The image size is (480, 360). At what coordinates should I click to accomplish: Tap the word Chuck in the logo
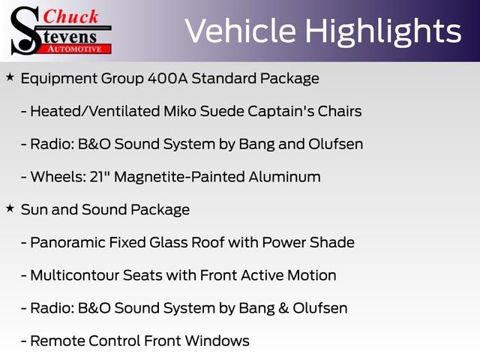[72, 16]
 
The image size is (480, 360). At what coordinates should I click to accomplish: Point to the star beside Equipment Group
[10, 77]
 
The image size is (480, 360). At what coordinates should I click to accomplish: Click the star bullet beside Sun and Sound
[10, 208]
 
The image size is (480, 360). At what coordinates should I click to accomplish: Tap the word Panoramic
[64, 243]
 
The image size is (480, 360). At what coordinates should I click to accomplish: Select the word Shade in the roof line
[334, 243]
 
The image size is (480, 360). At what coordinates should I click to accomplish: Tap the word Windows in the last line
[218, 340]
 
